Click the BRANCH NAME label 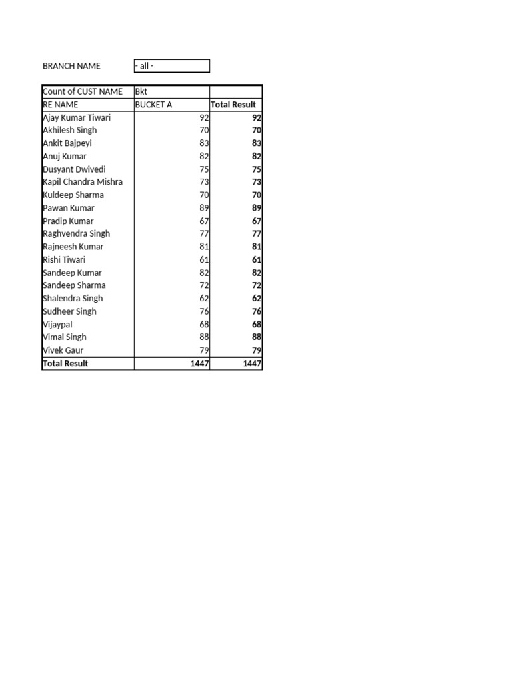pyautogui.click(x=71, y=66)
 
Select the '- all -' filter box pyautogui.click(x=171, y=66)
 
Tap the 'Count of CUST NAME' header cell pyautogui.click(x=83, y=91)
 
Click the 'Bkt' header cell pyautogui.click(x=141, y=91)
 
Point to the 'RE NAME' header pyautogui.click(x=60, y=105)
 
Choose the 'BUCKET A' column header pyautogui.click(x=153, y=105)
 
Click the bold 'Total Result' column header pyautogui.click(x=233, y=105)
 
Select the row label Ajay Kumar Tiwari pyautogui.click(x=77, y=117)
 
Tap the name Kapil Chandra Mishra pyautogui.click(x=83, y=182)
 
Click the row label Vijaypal pyautogui.click(x=57, y=324)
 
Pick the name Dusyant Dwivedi pyautogui.click(x=74, y=169)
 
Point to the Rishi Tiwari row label pyautogui.click(x=64, y=259)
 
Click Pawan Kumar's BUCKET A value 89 pyautogui.click(x=204, y=208)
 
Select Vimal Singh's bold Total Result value pyautogui.click(x=256, y=337)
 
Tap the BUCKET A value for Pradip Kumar pyautogui.click(x=204, y=221)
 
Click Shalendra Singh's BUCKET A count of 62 pyautogui.click(x=204, y=299)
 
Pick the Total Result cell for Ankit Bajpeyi pyautogui.click(x=256, y=143)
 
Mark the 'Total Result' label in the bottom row pyautogui.click(x=65, y=364)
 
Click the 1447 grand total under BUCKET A pyautogui.click(x=199, y=364)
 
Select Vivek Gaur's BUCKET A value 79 pyautogui.click(x=204, y=350)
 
